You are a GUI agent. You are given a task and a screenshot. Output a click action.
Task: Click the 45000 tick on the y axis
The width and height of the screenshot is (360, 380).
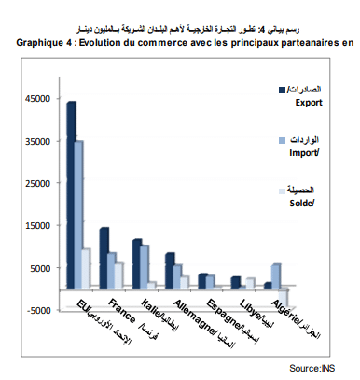tap(38, 99)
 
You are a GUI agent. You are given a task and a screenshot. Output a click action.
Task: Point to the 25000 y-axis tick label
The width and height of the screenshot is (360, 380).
tap(38, 184)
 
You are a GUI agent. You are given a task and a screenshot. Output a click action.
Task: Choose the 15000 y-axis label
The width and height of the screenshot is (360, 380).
tap(38, 226)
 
